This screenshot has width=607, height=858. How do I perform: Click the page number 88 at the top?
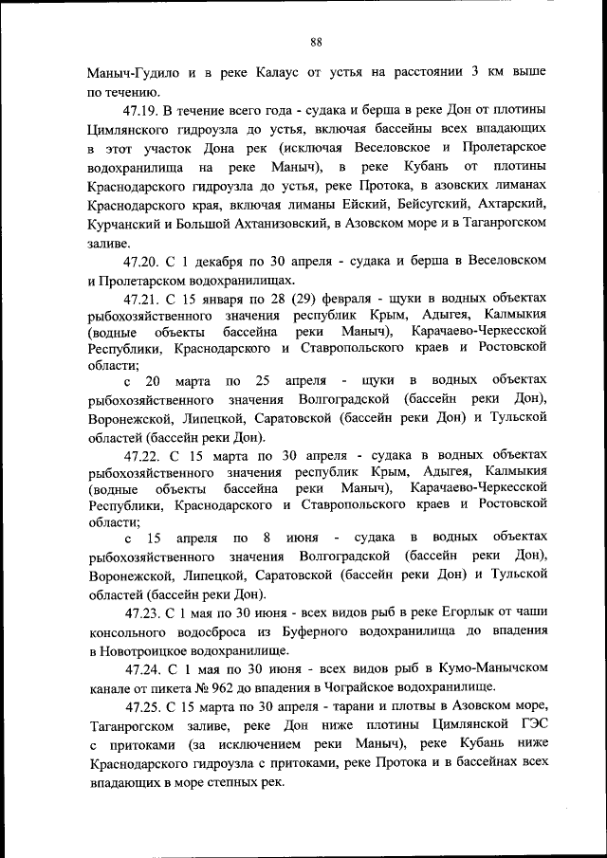(317, 41)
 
